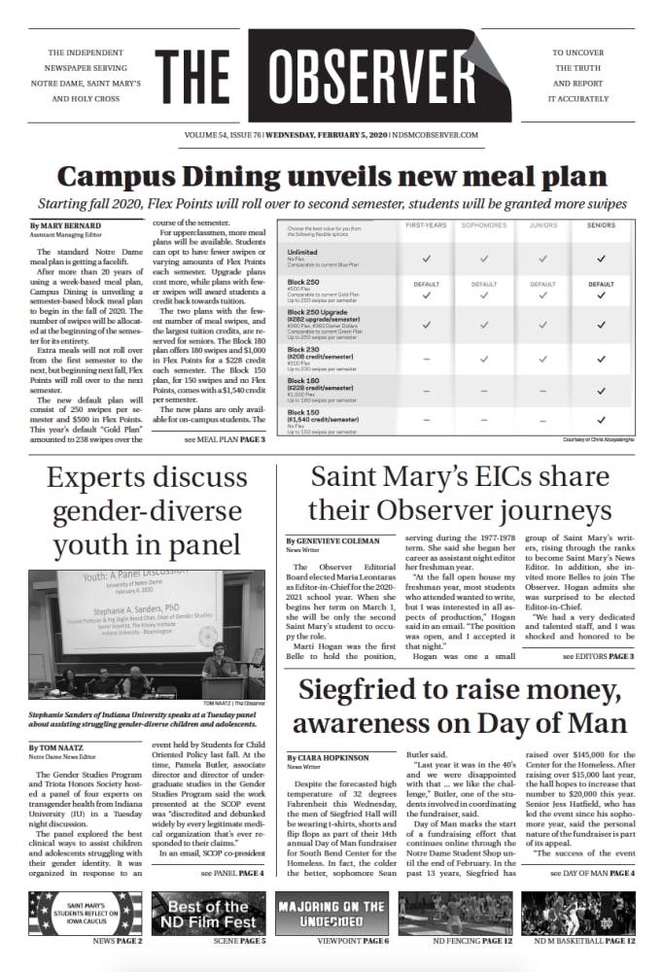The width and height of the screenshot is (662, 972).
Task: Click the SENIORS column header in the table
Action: point(600,225)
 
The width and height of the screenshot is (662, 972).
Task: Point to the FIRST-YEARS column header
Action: point(421,225)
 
